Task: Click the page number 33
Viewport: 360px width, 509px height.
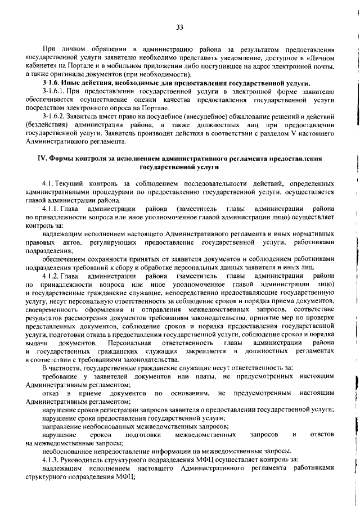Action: pyautogui.click(x=180, y=26)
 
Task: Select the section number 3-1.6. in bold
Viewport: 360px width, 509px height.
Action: pyautogui.click(x=54, y=82)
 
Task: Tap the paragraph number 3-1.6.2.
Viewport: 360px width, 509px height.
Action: pyautogui.click(x=55, y=115)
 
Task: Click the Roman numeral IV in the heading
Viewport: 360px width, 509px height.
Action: pyautogui.click(x=41, y=159)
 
